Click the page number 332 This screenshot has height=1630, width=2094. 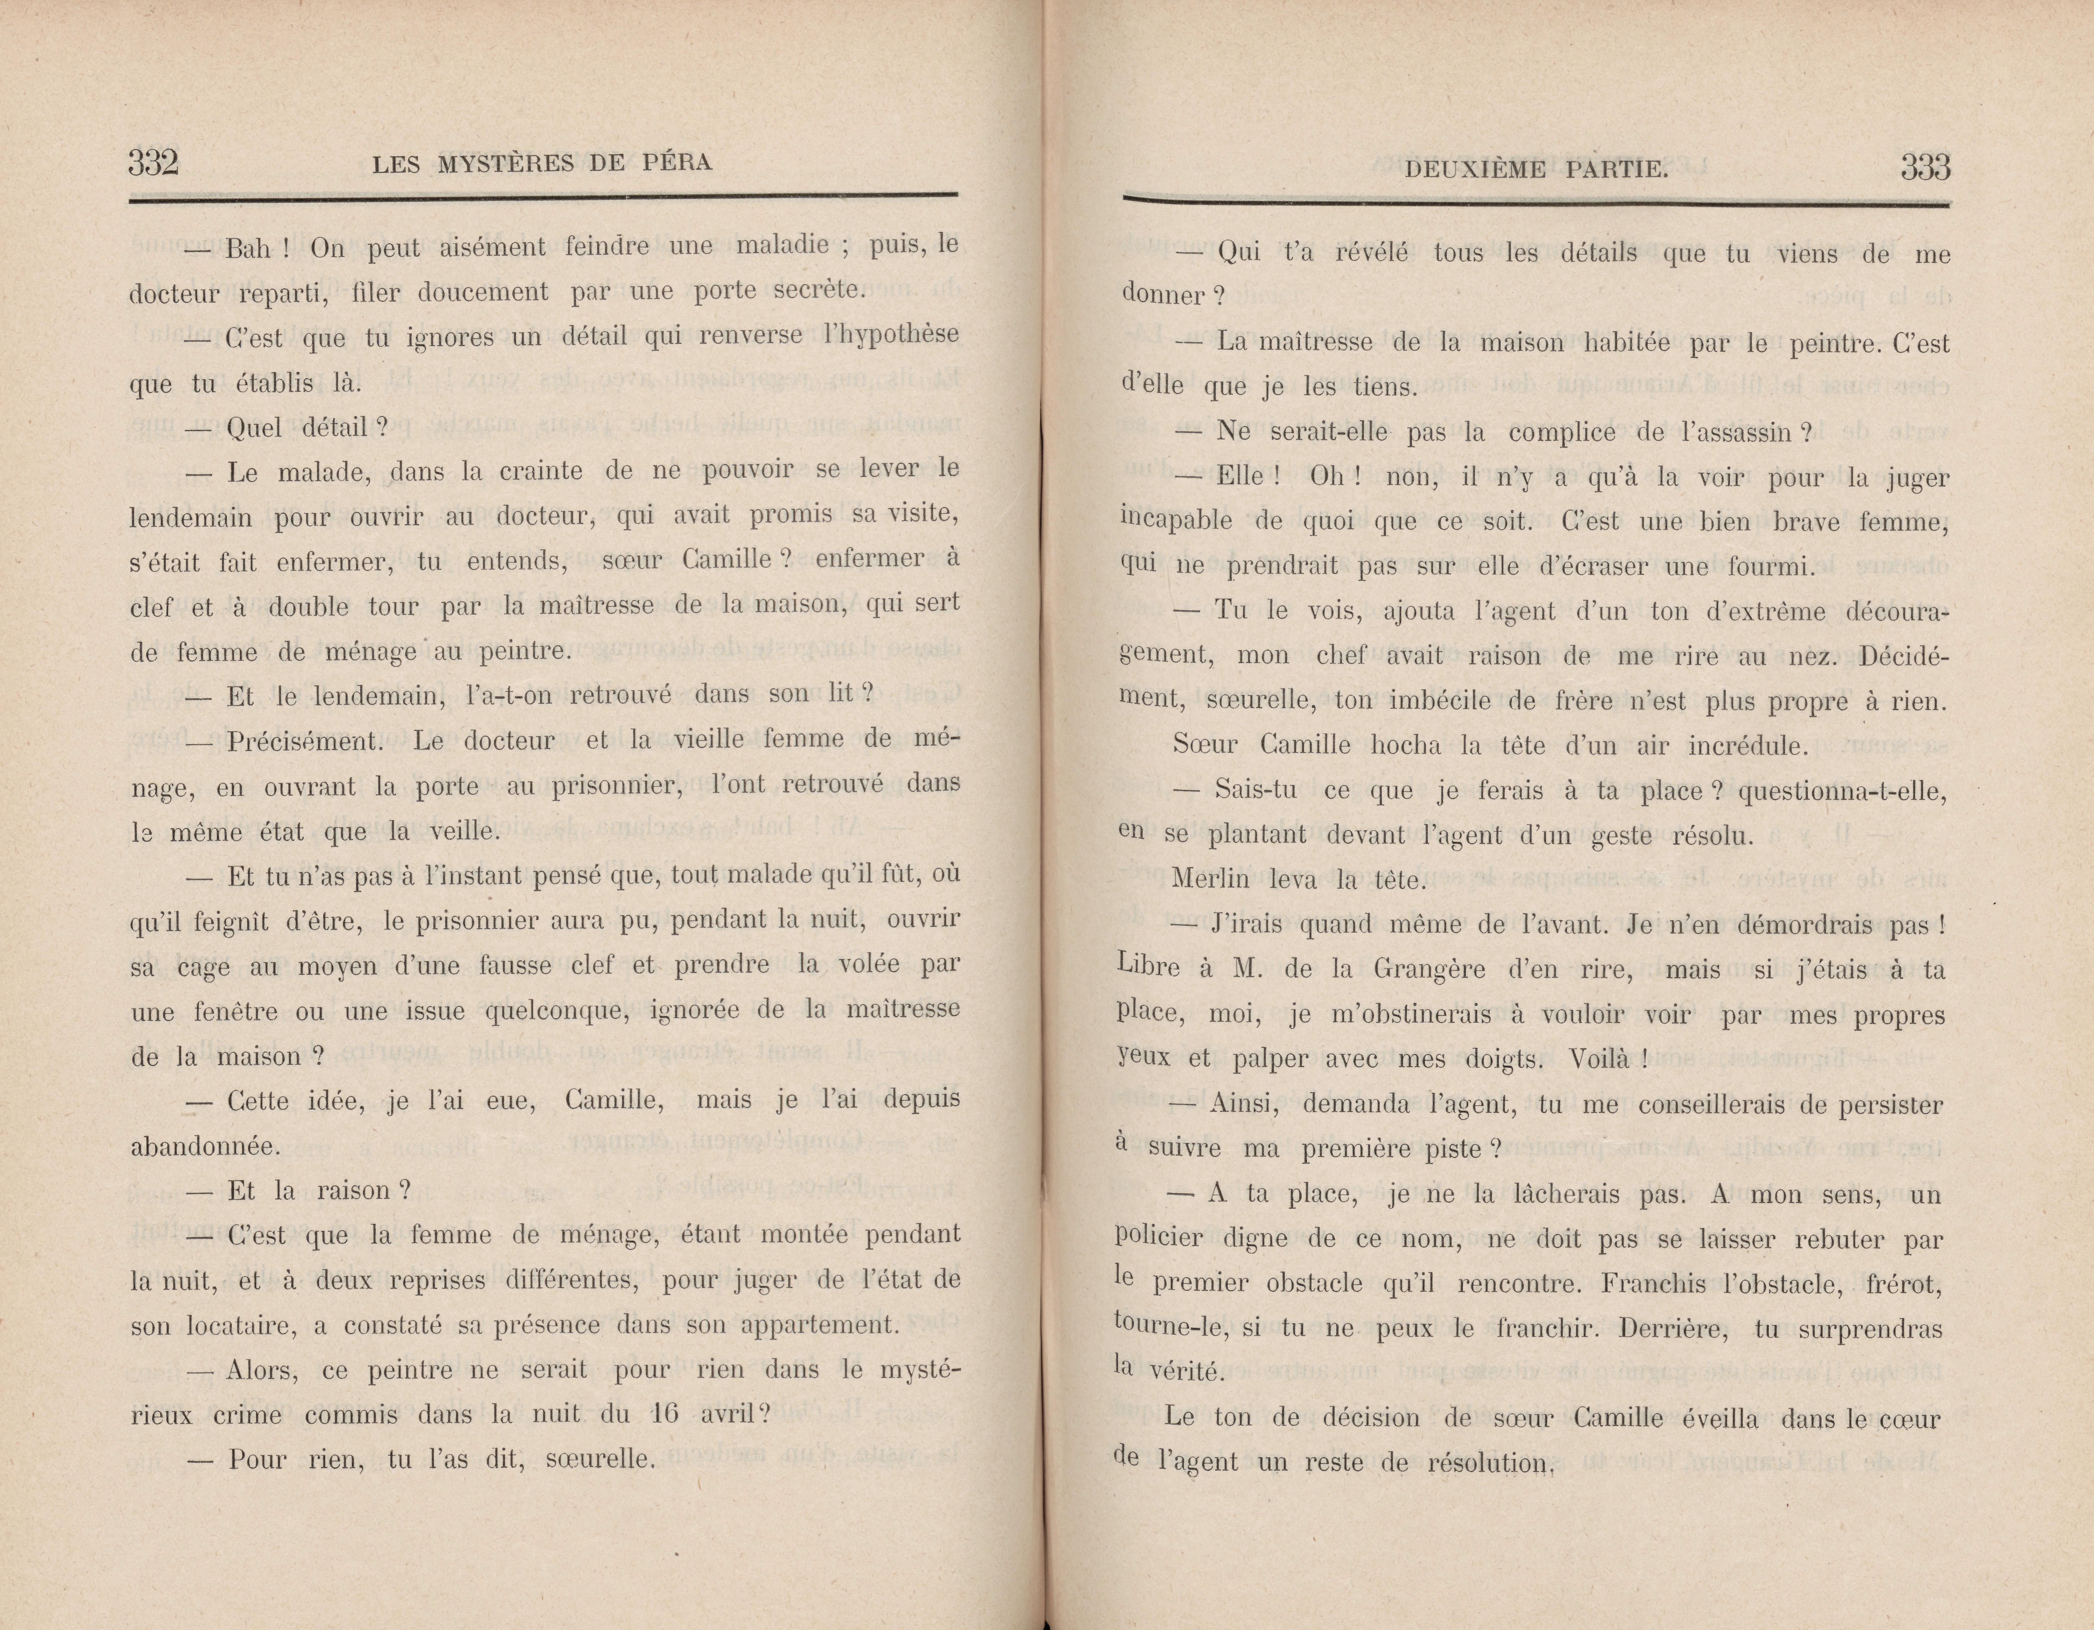tap(154, 163)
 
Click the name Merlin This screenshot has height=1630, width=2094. tap(1211, 878)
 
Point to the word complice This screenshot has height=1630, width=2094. tap(1562, 433)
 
